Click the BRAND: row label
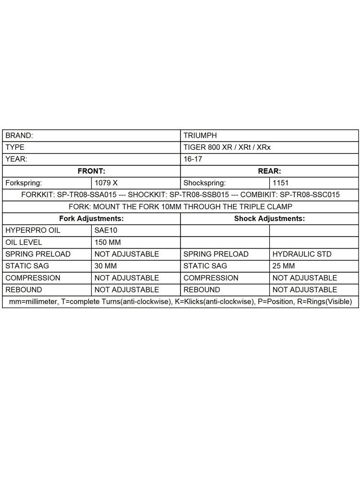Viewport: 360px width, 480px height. coord(19,136)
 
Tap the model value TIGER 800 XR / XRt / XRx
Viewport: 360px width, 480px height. coord(227,147)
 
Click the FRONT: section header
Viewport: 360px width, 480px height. coord(91,171)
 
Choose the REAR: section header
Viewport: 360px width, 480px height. coord(269,171)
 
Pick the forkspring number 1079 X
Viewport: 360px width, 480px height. coord(106,183)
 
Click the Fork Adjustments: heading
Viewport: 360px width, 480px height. coord(91,218)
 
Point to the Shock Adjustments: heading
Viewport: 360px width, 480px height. coord(269,218)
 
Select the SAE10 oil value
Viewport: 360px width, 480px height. coord(106,230)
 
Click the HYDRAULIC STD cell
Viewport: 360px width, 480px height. coord(302,254)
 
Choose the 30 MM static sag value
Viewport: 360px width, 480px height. coord(106,266)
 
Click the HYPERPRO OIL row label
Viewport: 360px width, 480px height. coord(33,230)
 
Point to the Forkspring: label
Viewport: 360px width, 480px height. coord(24,183)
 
